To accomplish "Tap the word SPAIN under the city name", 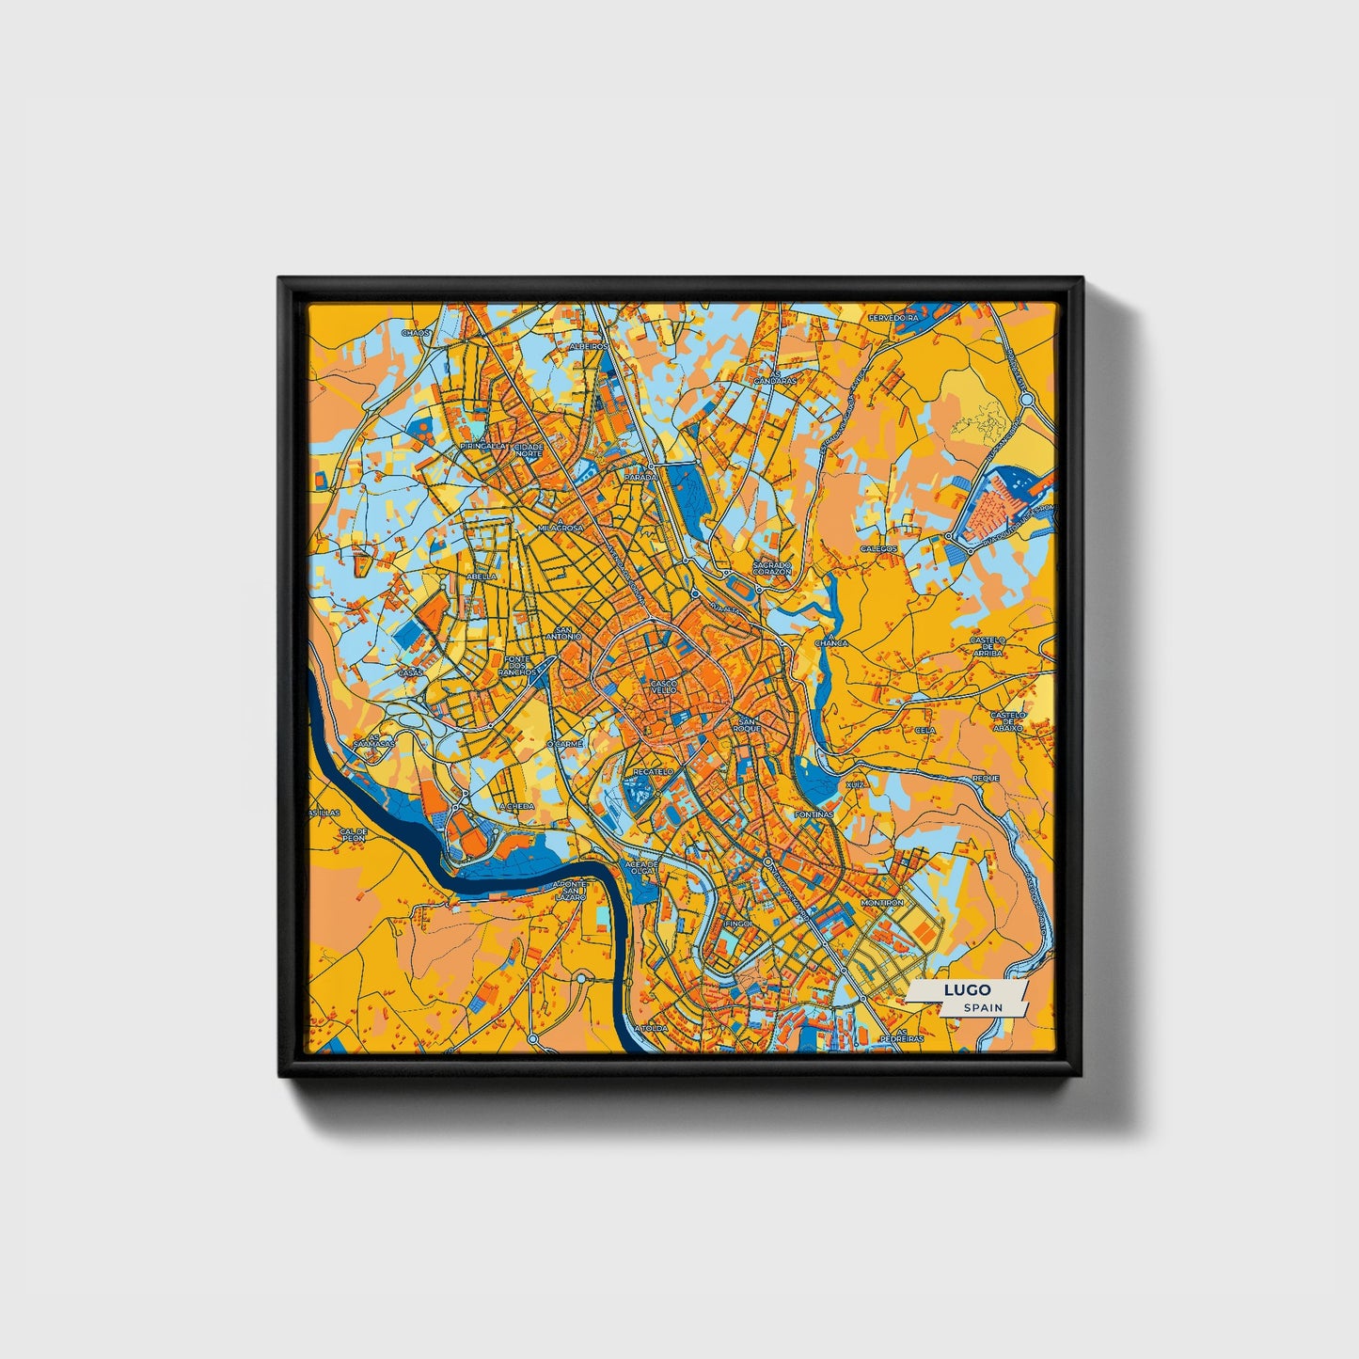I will (983, 1007).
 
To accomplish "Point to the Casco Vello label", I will (663, 687).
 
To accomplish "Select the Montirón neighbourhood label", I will (881, 903).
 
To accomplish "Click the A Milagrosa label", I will (560, 527).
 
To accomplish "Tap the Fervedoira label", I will (893, 318).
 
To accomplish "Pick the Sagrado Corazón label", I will (772, 568).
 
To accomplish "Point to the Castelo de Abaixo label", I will (1008, 720).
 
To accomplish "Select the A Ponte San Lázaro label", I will (570, 889).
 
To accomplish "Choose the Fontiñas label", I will (814, 814).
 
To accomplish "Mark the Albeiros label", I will (589, 346).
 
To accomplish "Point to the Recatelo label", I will (653, 771).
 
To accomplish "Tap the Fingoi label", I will (739, 924).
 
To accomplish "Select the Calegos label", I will (878, 548).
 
